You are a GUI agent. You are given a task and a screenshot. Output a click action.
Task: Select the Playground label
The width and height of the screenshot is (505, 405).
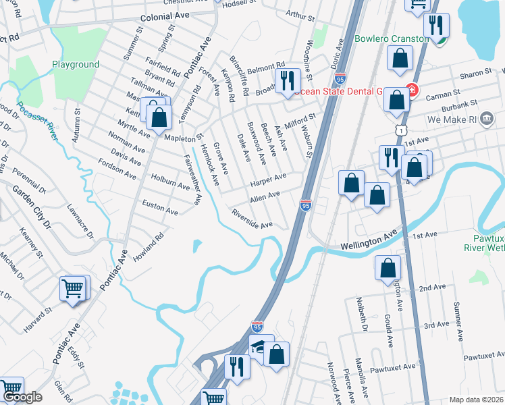point(76,65)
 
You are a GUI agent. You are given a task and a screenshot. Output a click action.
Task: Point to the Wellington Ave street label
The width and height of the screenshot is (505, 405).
point(367,240)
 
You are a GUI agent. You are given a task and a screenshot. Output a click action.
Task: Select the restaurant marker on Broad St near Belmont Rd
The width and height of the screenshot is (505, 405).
point(289,80)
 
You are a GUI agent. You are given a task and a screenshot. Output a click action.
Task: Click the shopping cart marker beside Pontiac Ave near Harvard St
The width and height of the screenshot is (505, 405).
point(73,289)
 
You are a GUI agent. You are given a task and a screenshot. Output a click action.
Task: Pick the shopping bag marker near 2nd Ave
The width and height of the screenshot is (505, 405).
point(388,268)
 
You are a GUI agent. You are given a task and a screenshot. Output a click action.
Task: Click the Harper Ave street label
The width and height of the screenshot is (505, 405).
point(268,180)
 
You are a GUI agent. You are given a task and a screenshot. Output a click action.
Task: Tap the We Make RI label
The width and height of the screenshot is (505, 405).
point(471,119)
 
